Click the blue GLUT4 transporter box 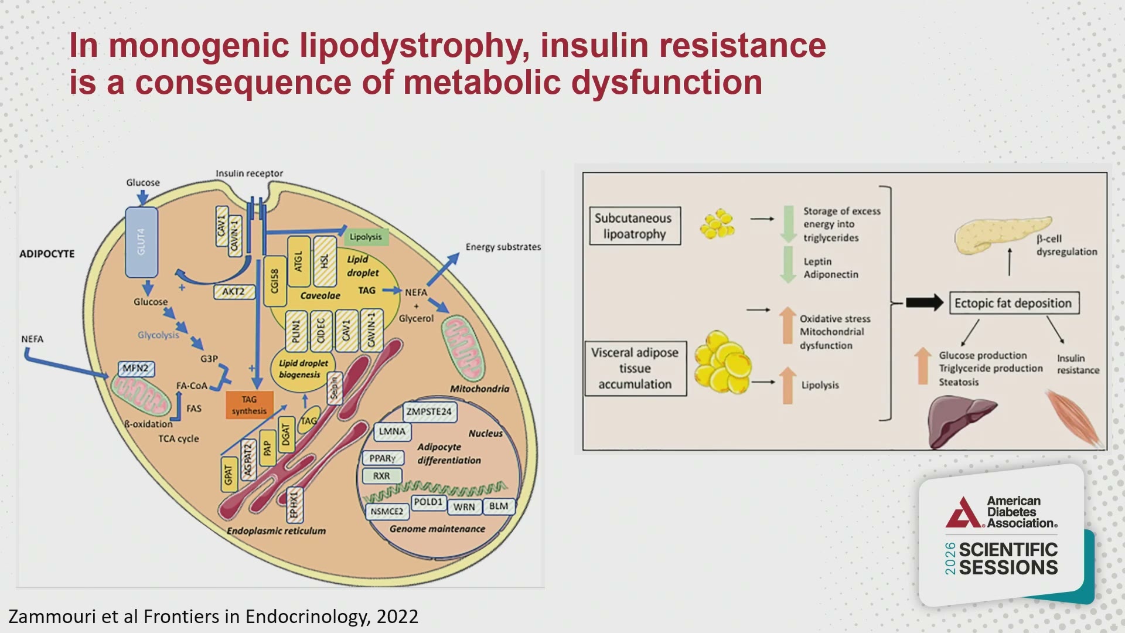[x=142, y=242]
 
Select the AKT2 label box [x=234, y=291]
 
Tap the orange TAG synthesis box [x=250, y=405]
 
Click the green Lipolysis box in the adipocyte [x=366, y=237]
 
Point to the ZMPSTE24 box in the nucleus [x=429, y=411]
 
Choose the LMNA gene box [x=392, y=431]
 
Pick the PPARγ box [x=383, y=458]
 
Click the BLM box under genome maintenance [x=499, y=506]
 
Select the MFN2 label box [x=136, y=369]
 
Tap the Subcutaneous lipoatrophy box [x=635, y=226]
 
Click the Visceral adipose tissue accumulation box [x=636, y=369]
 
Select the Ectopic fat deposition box [x=1013, y=303]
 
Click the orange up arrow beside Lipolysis [x=788, y=385]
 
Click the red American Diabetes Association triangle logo [x=963, y=513]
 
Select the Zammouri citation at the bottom [x=213, y=617]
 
